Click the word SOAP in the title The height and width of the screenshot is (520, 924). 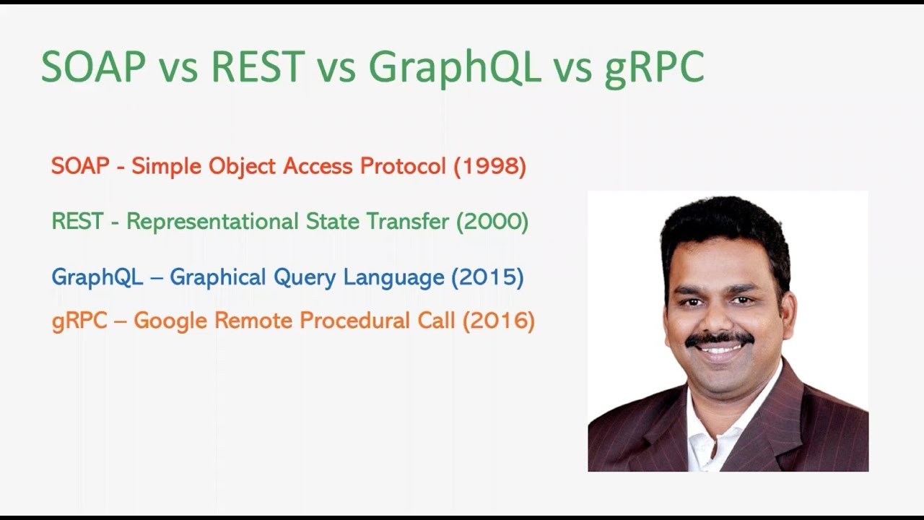tap(94, 67)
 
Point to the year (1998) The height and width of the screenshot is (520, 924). tap(490, 166)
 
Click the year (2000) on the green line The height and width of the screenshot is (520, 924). tap(492, 221)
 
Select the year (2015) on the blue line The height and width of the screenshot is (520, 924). tap(487, 277)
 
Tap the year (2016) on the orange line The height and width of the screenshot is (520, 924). tap(498, 320)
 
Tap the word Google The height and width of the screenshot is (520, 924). tap(171, 320)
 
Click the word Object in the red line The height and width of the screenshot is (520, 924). tap(243, 167)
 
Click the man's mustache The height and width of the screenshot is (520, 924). tap(719, 339)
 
